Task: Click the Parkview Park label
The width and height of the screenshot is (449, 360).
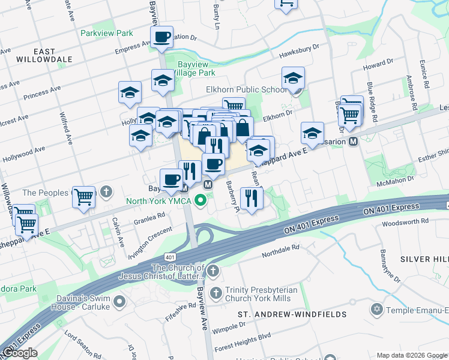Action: coord(107,33)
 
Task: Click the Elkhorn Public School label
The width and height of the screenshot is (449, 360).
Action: coord(246,90)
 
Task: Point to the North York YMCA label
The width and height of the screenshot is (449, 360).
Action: coord(158,201)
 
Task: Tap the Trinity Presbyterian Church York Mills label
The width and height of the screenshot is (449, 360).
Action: coord(261,294)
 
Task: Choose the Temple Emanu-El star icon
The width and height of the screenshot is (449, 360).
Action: coord(377,309)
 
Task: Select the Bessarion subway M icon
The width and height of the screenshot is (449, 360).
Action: coord(354,142)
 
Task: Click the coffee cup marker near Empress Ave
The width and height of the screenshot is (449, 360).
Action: coord(161,37)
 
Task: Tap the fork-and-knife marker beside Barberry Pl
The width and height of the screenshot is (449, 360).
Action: coord(252,197)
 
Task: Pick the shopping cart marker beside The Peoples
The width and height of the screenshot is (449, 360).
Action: coord(83,196)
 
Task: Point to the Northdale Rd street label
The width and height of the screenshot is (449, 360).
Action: coord(280,250)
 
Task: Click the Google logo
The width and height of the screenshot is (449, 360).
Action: coord(20,353)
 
